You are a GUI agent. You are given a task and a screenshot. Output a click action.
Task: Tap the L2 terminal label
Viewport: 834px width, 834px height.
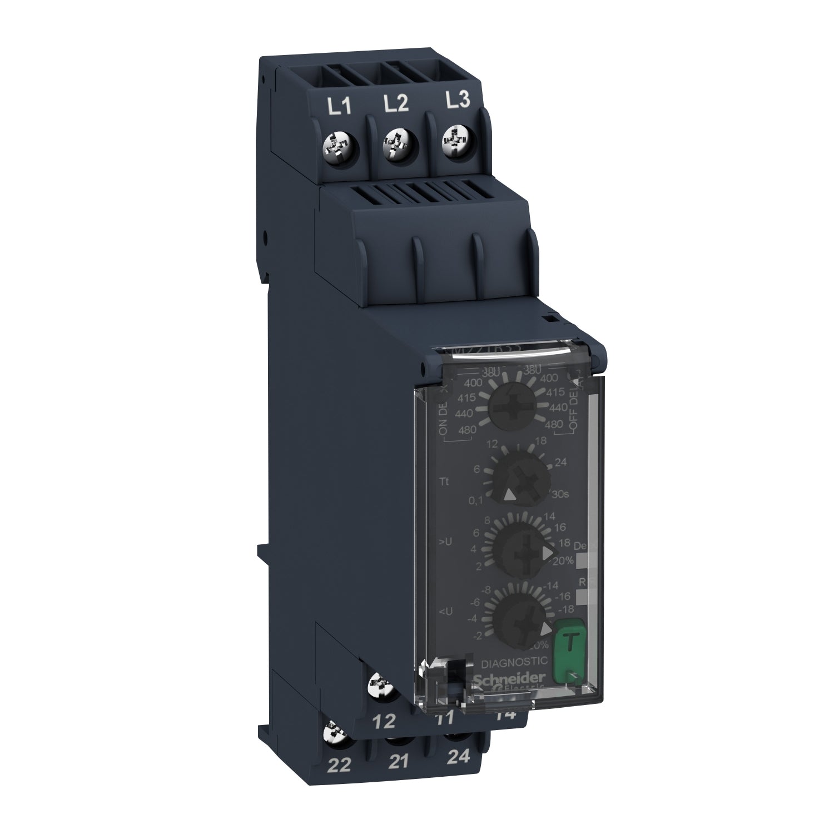pos(398,103)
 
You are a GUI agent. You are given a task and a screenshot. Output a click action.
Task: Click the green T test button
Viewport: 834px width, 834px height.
pos(566,642)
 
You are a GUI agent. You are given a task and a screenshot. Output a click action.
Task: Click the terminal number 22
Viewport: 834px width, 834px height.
pos(340,766)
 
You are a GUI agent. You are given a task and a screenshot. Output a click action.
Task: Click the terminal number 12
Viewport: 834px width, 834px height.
pos(384,721)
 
